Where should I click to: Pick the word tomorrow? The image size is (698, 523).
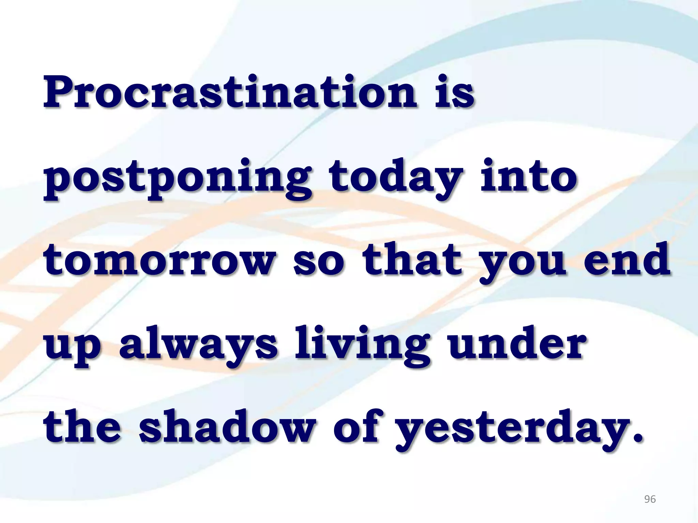(160, 260)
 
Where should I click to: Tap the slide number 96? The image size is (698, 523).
(650, 500)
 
